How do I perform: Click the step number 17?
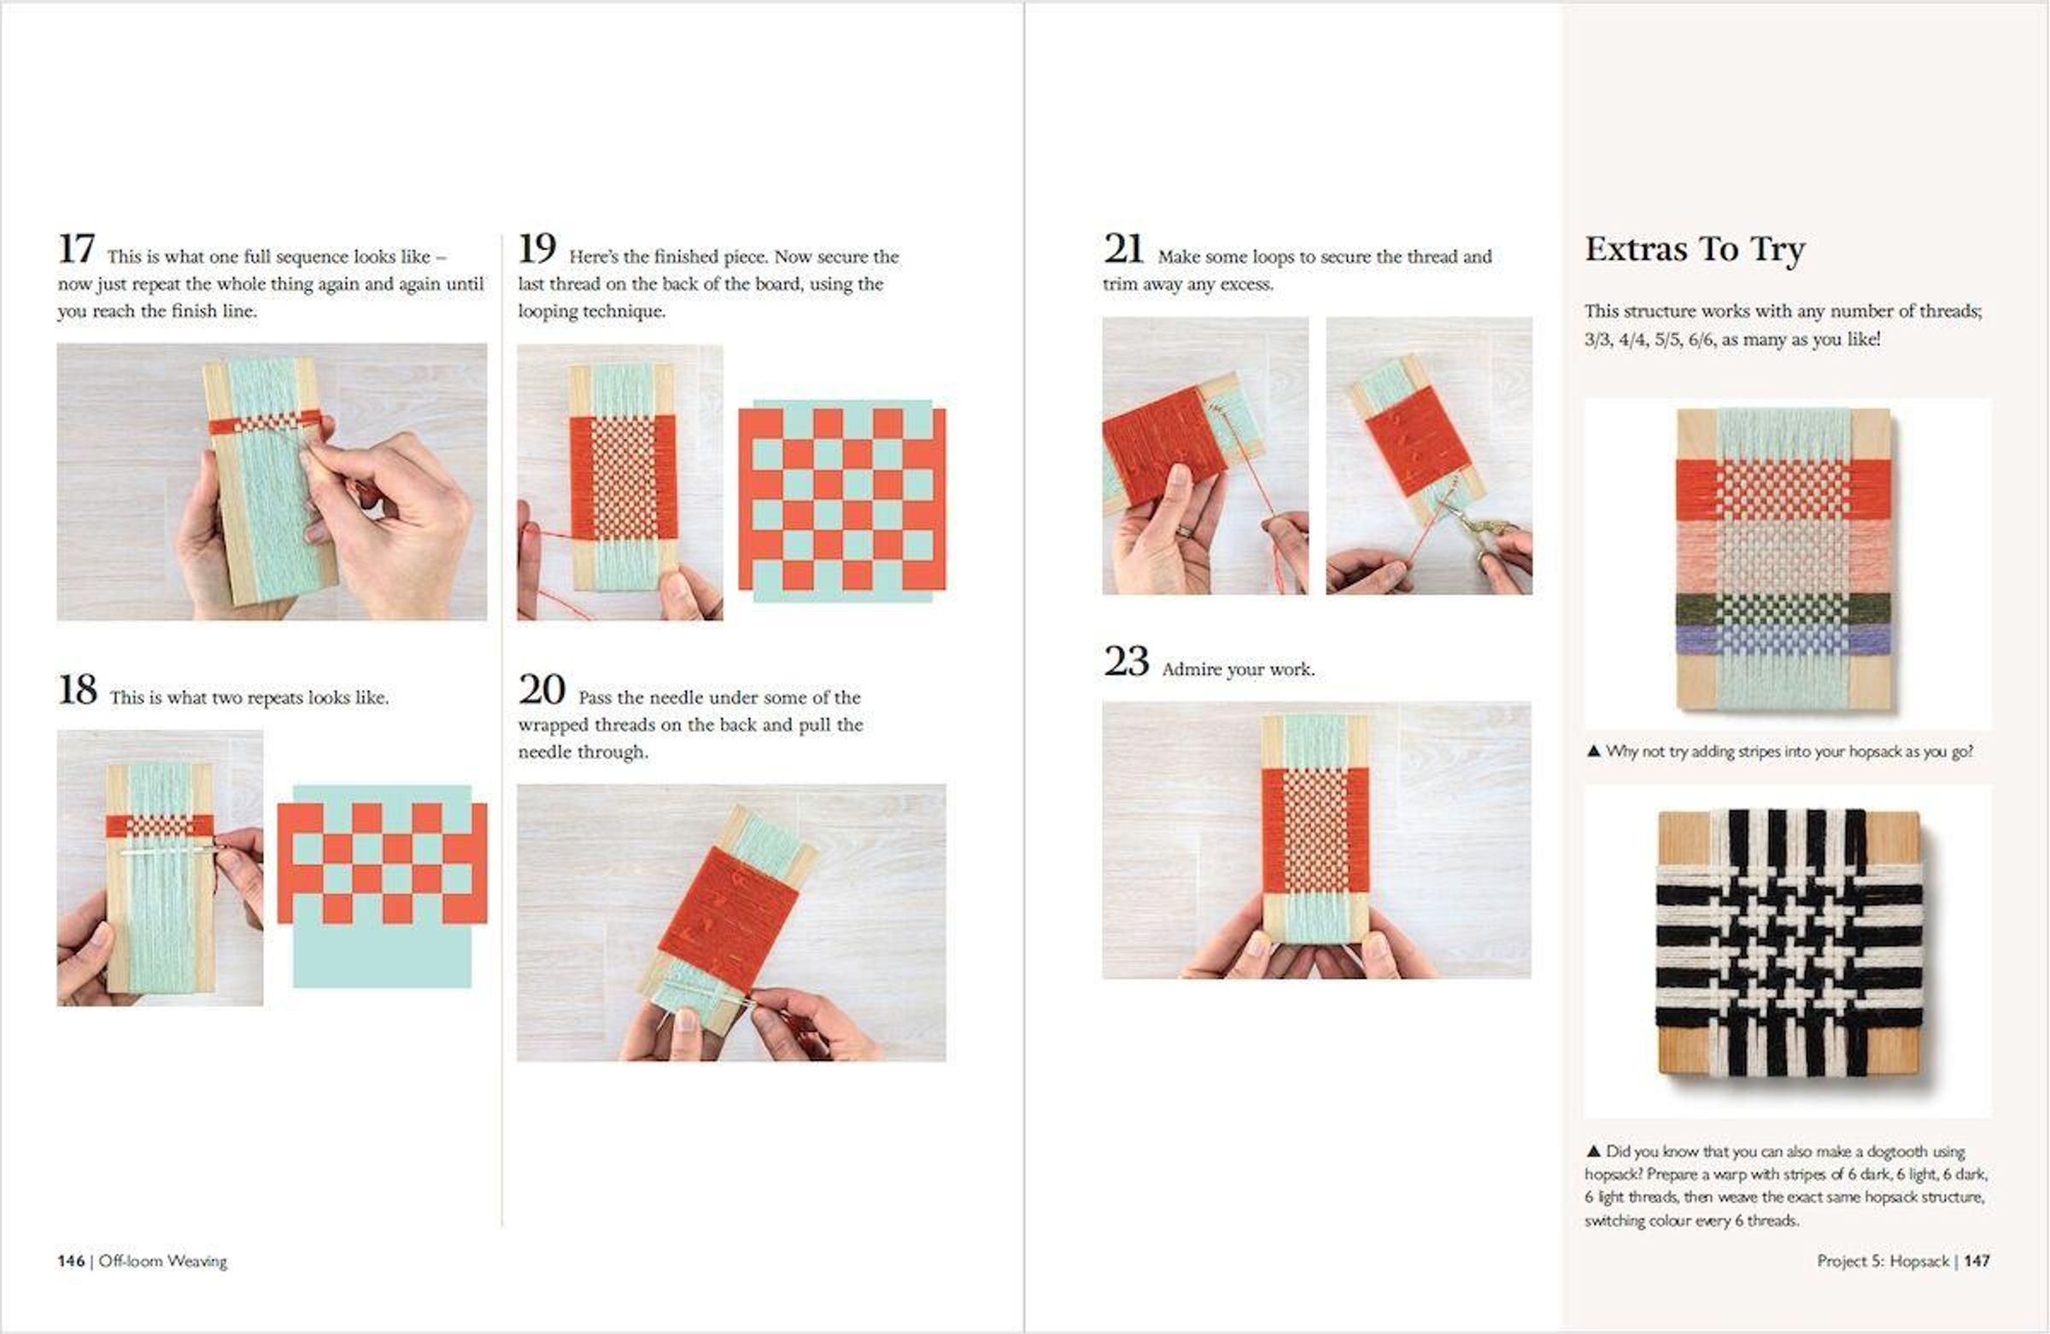pyautogui.click(x=76, y=249)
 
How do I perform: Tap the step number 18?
pyautogui.click(x=78, y=690)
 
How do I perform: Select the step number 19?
pyautogui.click(x=536, y=249)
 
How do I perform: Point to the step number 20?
pyautogui.click(x=542, y=690)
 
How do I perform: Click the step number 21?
pyautogui.click(x=1123, y=249)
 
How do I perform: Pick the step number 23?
pyautogui.click(x=1126, y=662)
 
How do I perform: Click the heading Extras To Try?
pyautogui.click(x=1695, y=249)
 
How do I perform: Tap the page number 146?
pyautogui.click(x=71, y=1261)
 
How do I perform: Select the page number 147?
pyautogui.click(x=1977, y=1261)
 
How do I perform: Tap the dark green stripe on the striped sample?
pyautogui.click(x=1783, y=608)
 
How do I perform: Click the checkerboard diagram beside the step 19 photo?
pyautogui.click(x=841, y=500)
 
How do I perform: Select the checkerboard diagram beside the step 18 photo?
pyautogui.click(x=383, y=886)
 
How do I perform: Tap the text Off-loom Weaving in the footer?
pyautogui.click(x=163, y=1261)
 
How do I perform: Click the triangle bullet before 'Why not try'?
pyautogui.click(x=1593, y=751)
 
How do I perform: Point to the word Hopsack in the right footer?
pyautogui.click(x=1919, y=1261)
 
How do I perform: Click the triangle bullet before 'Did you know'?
pyautogui.click(x=1593, y=1150)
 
